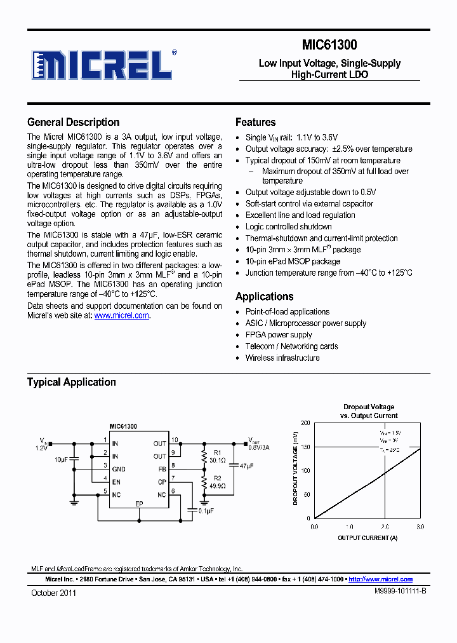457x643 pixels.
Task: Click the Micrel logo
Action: pyautogui.click(x=102, y=64)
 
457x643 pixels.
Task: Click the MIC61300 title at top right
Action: pyautogui.click(x=329, y=44)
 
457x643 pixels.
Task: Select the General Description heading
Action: pyautogui.click(x=73, y=122)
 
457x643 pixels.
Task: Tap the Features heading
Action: pyautogui.click(x=255, y=122)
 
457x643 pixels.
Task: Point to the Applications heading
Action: pyautogui.click(x=264, y=296)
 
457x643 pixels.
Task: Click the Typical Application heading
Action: pyautogui.click(x=71, y=382)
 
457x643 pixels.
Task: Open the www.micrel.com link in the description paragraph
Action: pyautogui.click(x=122, y=315)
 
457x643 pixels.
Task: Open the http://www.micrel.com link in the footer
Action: pyautogui.click(x=381, y=579)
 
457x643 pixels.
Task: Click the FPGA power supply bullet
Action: pyautogui.click(x=279, y=335)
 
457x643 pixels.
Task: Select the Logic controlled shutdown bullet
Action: pyautogui.click(x=289, y=227)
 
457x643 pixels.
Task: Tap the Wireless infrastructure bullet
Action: pyautogui.click(x=282, y=358)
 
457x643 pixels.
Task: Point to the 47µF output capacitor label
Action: pyautogui.click(x=246, y=466)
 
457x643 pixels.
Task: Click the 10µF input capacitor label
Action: pyautogui.click(x=62, y=459)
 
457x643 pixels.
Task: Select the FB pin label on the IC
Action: pyautogui.click(x=162, y=469)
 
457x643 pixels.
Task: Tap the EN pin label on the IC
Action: pyautogui.click(x=116, y=482)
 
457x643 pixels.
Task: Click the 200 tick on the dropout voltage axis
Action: pyautogui.click(x=306, y=423)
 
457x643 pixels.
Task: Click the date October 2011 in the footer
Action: pyautogui.click(x=53, y=592)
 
